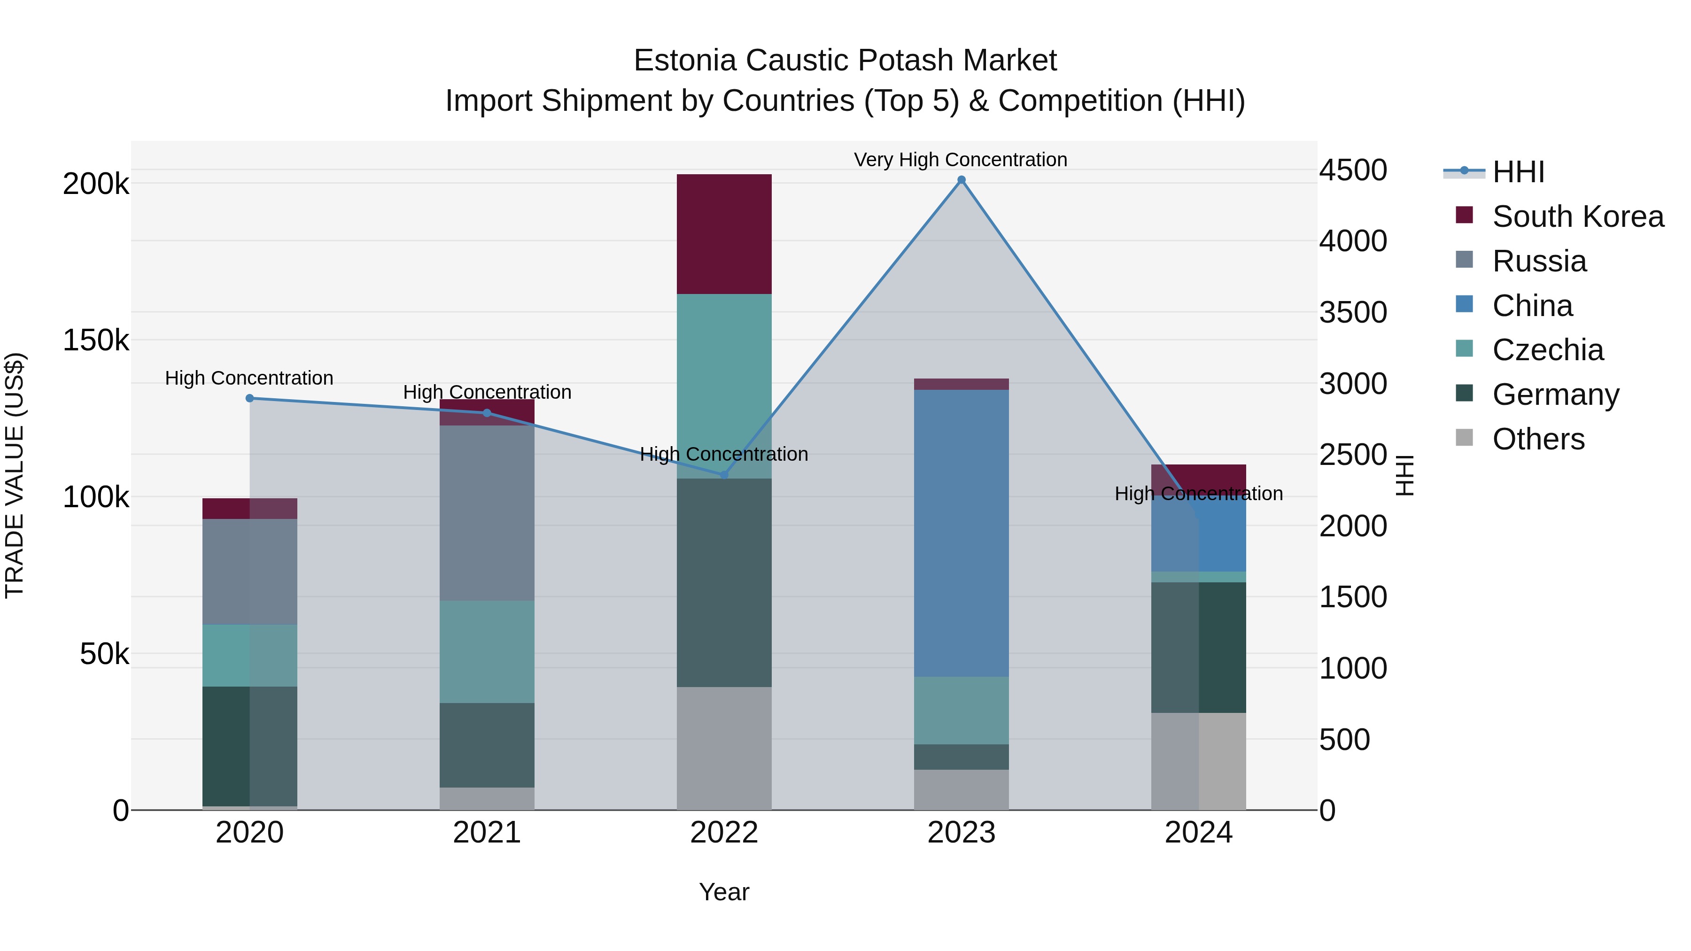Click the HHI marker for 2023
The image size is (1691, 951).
point(961,180)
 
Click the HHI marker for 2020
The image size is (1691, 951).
point(249,398)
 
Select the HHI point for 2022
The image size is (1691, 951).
point(724,474)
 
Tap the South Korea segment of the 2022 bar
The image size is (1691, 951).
point(724,234)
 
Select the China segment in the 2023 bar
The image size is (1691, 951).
point(961,533)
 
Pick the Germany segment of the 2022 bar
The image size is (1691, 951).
point(724,582)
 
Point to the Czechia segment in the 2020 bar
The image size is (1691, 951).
point(249,655)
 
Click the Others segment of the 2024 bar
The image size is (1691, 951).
point(1199,761)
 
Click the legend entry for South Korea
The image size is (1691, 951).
point(1577,216)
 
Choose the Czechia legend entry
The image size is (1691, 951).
point(1547,350)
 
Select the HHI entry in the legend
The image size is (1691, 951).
point(1518,172)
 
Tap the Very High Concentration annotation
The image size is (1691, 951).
point(961,160)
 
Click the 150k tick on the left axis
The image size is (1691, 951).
point(96,340)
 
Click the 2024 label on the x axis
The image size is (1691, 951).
point(1199,833)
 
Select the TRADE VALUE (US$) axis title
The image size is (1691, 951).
point(15,475)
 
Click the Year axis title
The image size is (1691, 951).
point(724,892)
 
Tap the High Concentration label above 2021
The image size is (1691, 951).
point(487,392)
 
